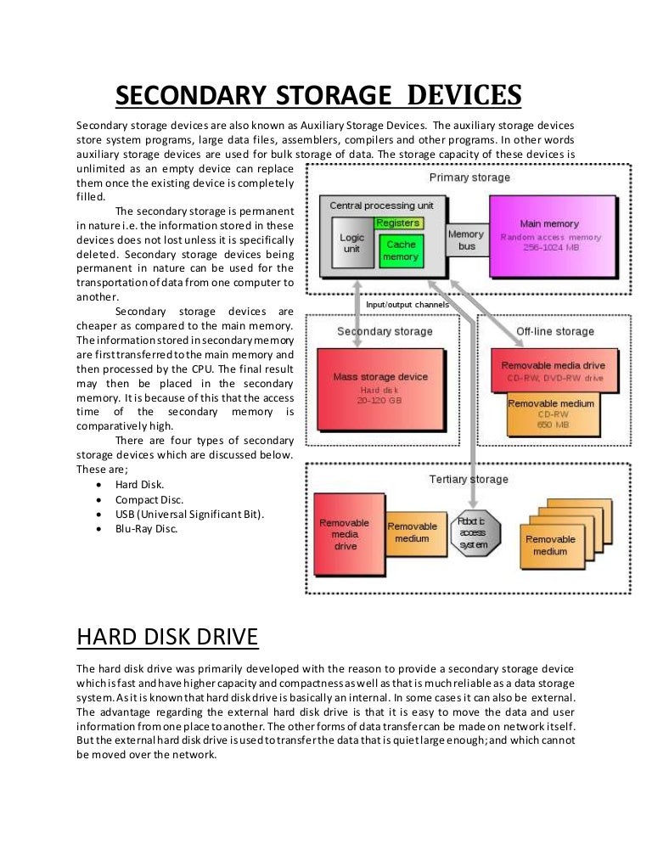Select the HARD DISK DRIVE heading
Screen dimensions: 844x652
tap(167, 636)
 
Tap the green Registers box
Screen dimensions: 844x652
tap(397, 222)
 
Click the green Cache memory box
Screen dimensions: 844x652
tap(401, 250)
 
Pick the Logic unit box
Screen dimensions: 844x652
tap(351, 245)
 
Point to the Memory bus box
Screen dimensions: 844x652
tap(466, 240)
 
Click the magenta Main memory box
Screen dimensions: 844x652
tap(554, 235)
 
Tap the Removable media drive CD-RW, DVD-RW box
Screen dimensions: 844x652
tap(553, 371)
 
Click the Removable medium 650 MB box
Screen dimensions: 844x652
tap(551, 413)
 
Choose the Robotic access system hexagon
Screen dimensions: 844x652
tap(474, 534)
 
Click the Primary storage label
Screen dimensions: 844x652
tap(469, 177)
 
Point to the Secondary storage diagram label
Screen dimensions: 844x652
tap(385, 331)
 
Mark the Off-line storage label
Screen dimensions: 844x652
tap(554, 331)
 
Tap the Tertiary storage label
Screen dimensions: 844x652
tap(469, 480)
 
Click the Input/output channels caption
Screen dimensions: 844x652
tap(407, 305)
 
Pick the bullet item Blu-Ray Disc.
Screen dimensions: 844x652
tap(147, 528)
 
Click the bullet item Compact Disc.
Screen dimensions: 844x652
tap(149, 499)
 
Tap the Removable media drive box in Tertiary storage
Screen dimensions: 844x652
tap(344, 534)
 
